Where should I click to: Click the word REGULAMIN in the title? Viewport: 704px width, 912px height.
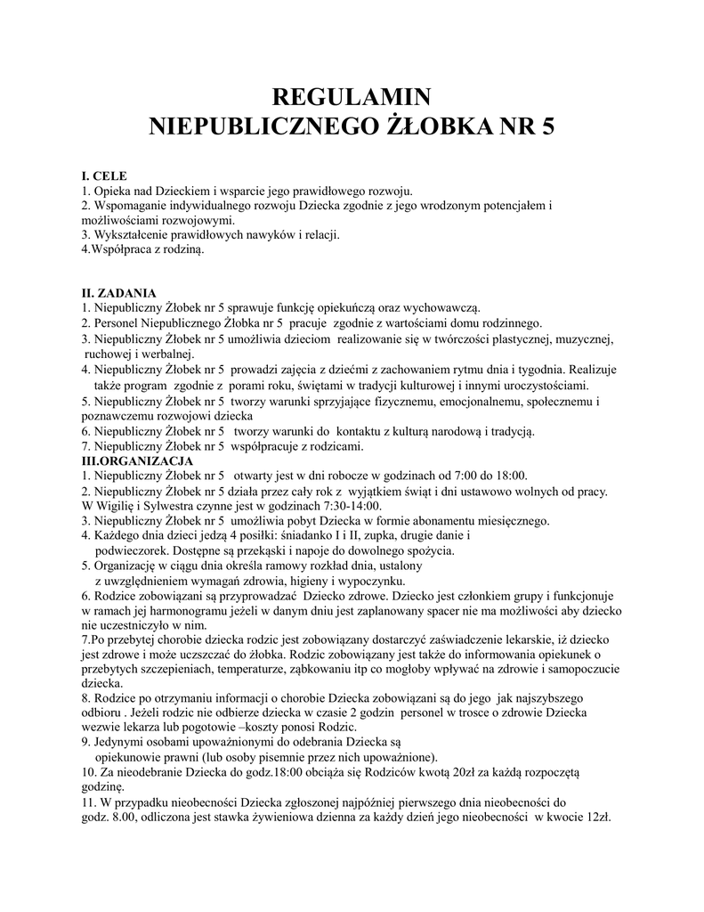click(351, 96)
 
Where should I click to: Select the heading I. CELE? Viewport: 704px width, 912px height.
click(104, 176)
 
